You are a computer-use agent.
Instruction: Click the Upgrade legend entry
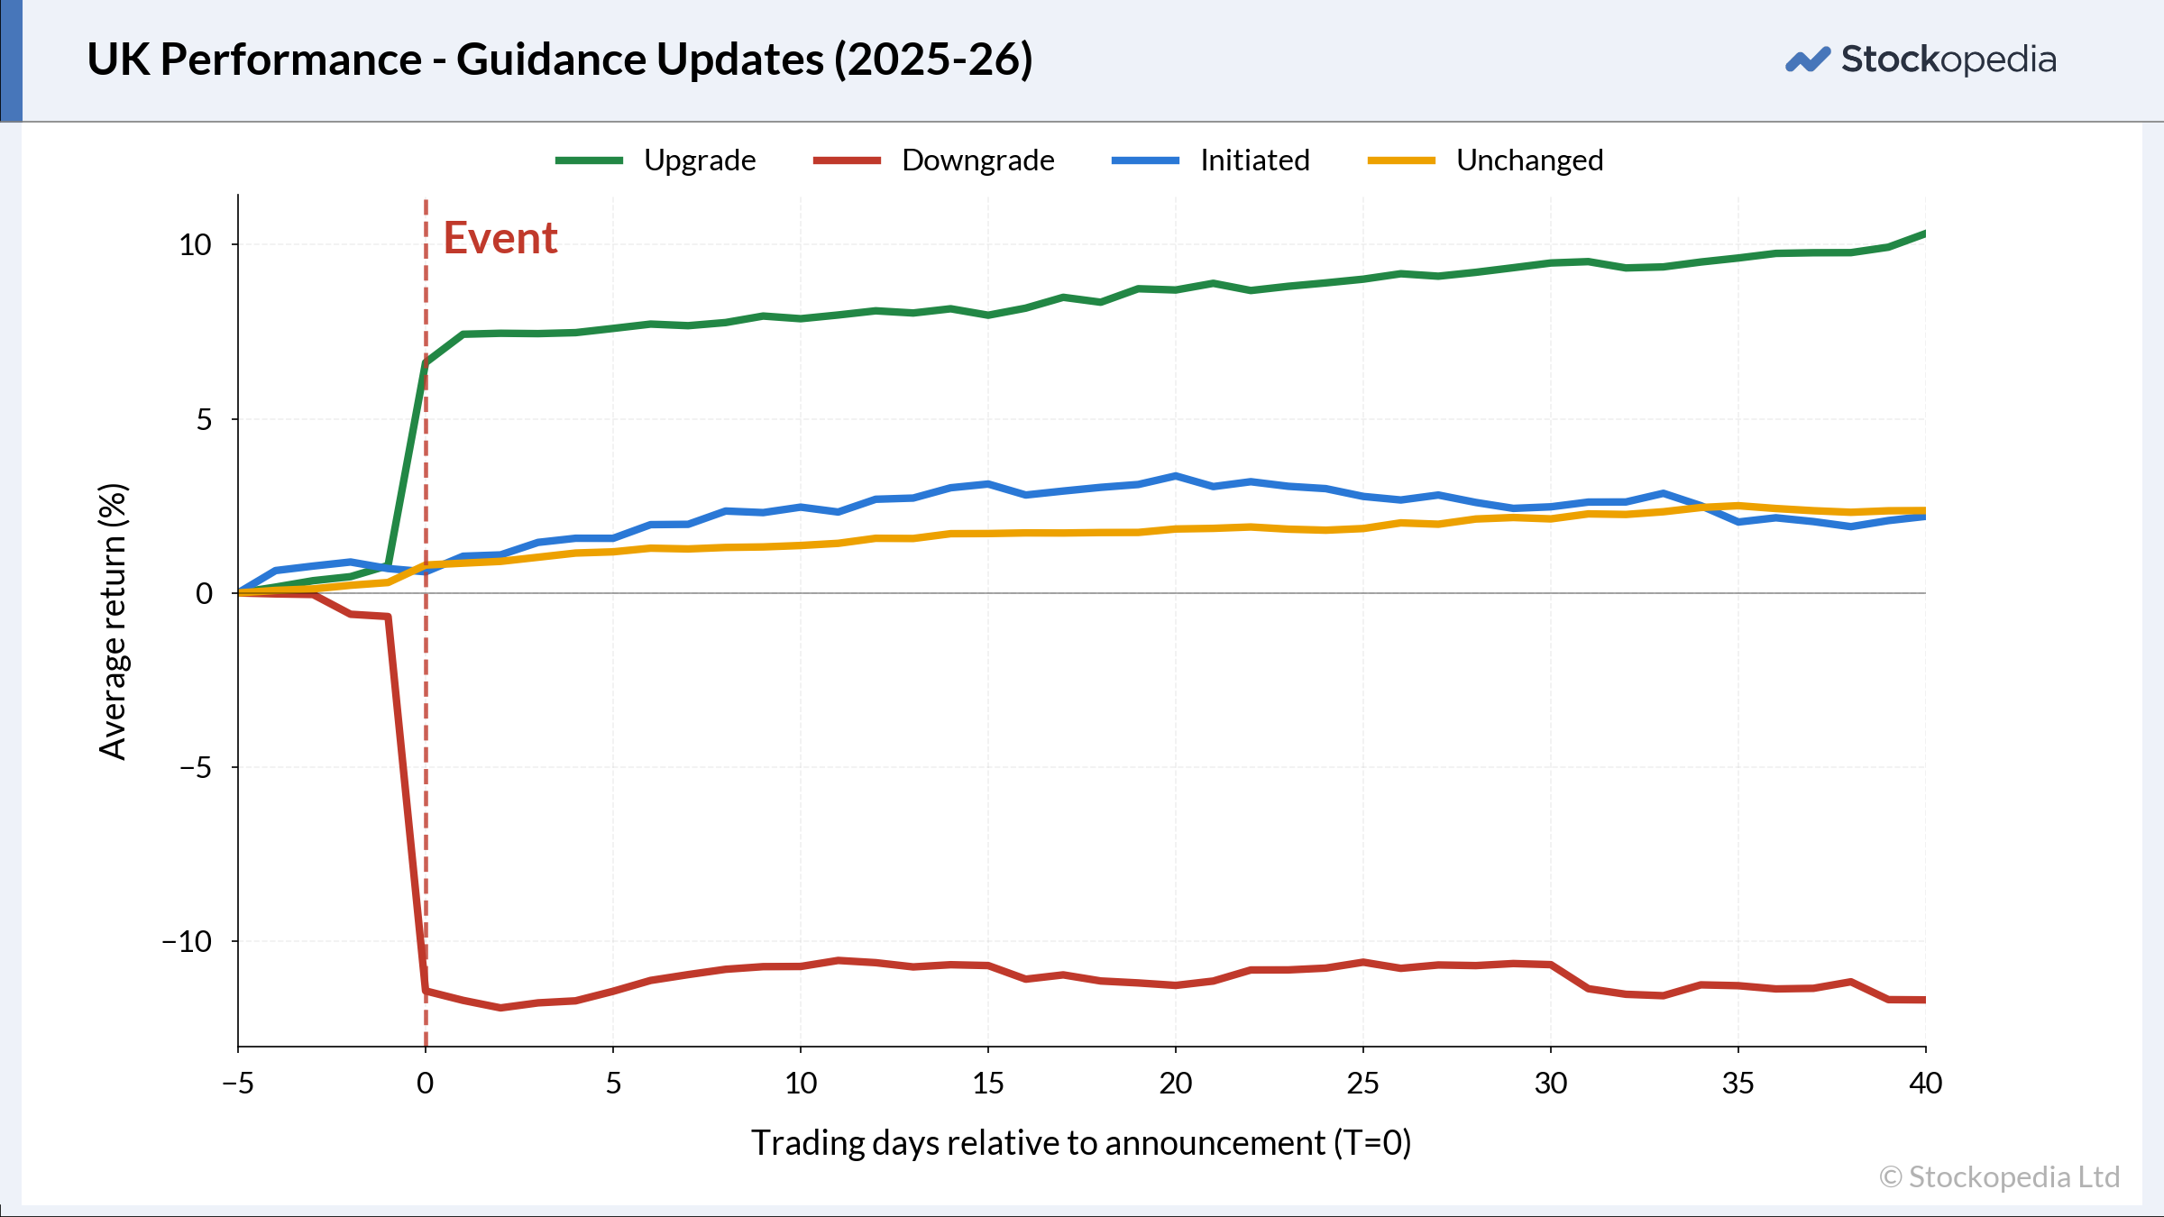pos(656,160)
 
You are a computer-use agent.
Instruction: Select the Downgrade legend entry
pos(933,160)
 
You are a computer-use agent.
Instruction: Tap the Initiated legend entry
pos(1211,160)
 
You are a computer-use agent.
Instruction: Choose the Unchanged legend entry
pos(1486,160)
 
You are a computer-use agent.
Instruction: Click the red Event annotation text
pos(500,239)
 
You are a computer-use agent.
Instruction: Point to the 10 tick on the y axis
pos(195,244)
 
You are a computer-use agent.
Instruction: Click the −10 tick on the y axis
pos(187,941)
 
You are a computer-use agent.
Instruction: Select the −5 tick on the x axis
pos(238,1083)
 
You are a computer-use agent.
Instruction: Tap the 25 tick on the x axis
pos(1363,1083)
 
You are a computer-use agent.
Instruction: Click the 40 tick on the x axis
pos(1926,1083)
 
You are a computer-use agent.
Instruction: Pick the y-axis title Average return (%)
pos(114,622)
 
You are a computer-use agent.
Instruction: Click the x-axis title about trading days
pos(1081,1143)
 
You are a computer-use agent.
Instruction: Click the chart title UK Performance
pos(560,59)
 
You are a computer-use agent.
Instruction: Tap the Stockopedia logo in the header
pos(1921,59)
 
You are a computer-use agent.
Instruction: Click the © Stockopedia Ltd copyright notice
pos(2000,1177)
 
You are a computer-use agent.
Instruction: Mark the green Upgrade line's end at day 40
pos(1925,233)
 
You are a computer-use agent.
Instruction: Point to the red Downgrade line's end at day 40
pos(1925,1000)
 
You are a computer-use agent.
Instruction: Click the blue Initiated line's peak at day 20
pos(1176,476)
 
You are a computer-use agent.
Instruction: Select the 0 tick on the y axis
pos(205,593)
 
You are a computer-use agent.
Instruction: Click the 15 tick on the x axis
pos(988,1083)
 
